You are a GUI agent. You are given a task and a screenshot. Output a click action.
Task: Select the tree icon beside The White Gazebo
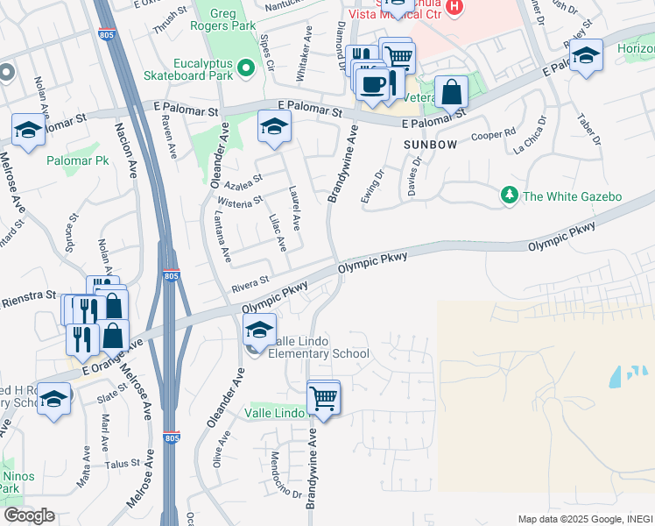[x=508, y=195]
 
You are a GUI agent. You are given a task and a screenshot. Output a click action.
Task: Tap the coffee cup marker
[x=373, y=85]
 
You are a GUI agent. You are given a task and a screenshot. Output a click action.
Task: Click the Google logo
[x=29, y=515]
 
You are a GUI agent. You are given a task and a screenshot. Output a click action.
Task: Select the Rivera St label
[x=250, y=285]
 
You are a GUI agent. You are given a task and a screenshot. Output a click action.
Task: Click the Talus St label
[x=123, y=463]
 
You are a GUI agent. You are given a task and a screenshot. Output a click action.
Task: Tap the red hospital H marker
[x=454, y=7]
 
